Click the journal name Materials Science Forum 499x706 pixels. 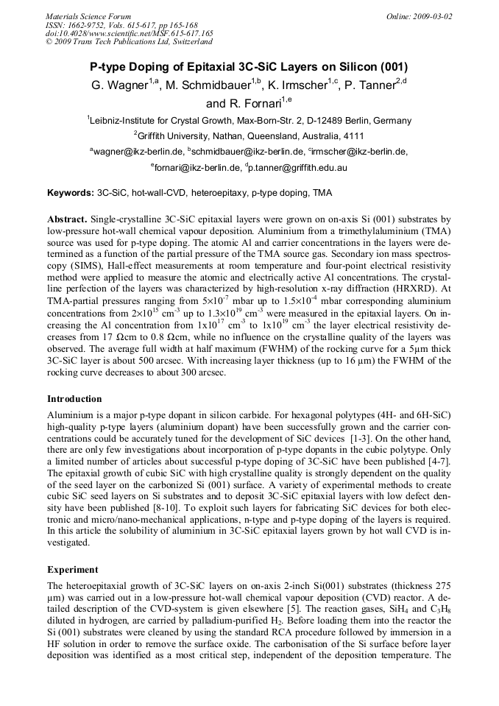click(88, 16)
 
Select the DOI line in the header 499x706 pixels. click(130, 34)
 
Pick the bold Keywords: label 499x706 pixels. click(71, 194)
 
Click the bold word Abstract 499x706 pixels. click(68, 219)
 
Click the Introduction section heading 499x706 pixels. click(74, 399)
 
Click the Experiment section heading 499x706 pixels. click(73, 569)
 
